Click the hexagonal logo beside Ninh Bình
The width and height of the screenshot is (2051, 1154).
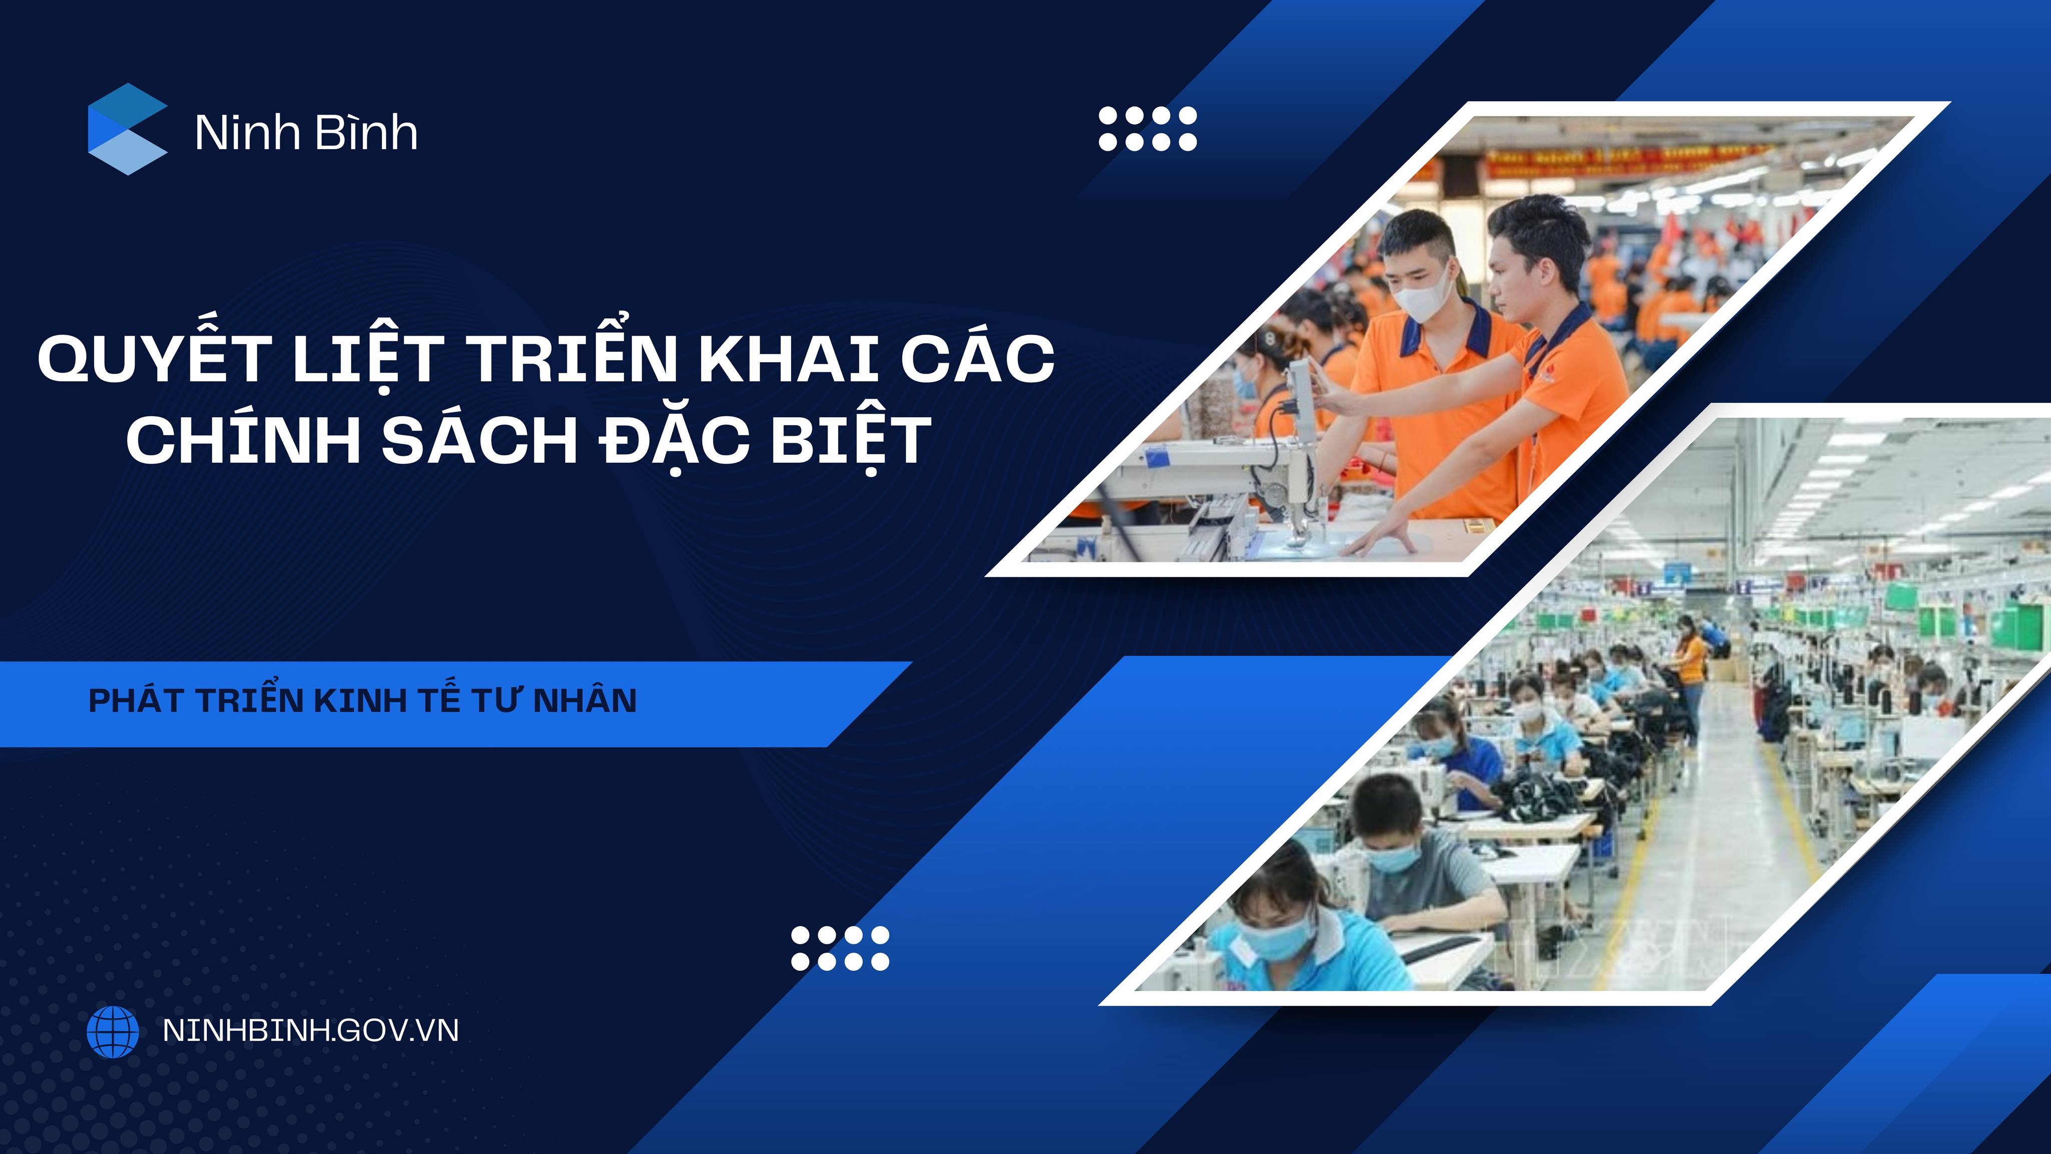127,129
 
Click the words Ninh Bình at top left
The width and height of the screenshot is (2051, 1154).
306,132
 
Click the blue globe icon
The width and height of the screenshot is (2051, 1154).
112,1031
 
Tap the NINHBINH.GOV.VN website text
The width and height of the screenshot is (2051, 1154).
310,1031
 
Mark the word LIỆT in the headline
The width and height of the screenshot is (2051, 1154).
369,359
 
